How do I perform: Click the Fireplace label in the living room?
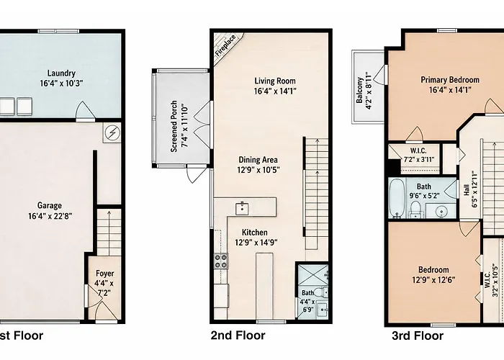(225, 45)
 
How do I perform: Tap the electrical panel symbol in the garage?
(112, 132)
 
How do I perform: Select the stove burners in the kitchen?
(221, 261)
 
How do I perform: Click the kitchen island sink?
(242, 209)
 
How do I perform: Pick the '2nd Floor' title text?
(238, 336)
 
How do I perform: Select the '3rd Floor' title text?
(418, 336)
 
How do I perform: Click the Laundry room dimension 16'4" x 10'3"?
(61, 84)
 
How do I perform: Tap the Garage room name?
(50, 205)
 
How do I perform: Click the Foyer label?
(105, 274)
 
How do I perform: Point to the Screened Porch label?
(174, 126)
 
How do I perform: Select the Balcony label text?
(359, 90)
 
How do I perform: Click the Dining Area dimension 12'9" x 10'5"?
(258, 170)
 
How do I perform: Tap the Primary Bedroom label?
(450, 80)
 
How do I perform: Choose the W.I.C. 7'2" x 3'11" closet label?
(418, 155)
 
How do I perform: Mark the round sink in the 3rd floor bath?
(441, 212)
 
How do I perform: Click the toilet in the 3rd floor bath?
(415, 210)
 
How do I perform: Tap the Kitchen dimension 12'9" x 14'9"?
(256, 243)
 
